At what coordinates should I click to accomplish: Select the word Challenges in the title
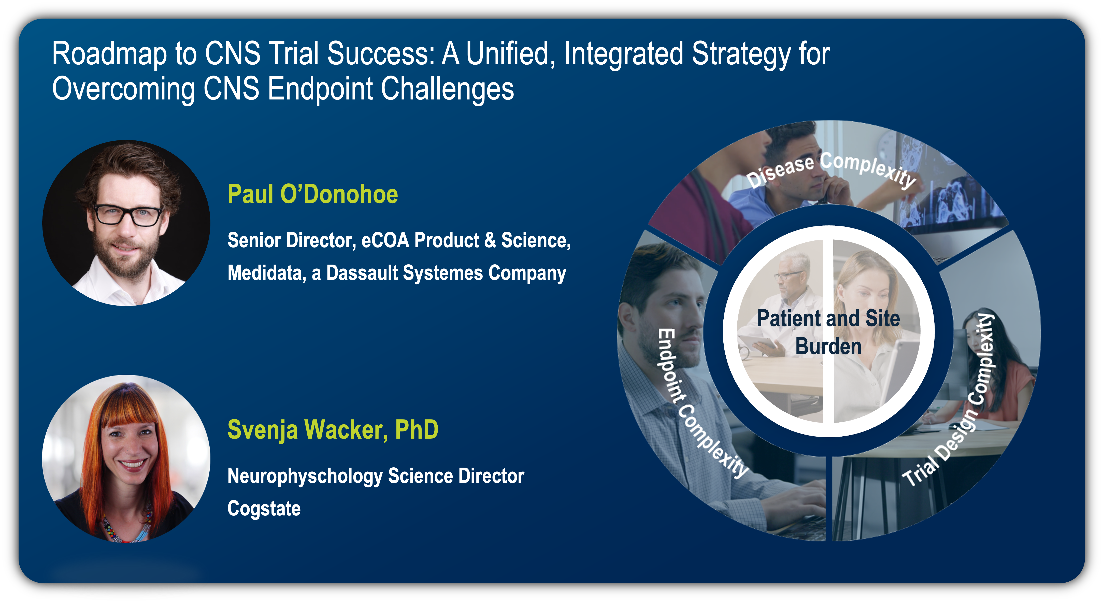(x=448, y=89)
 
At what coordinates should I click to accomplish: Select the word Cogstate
(x=264, y=509)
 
